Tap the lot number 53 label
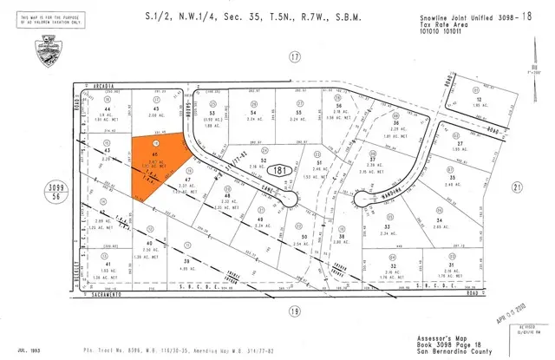pos(212,113)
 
